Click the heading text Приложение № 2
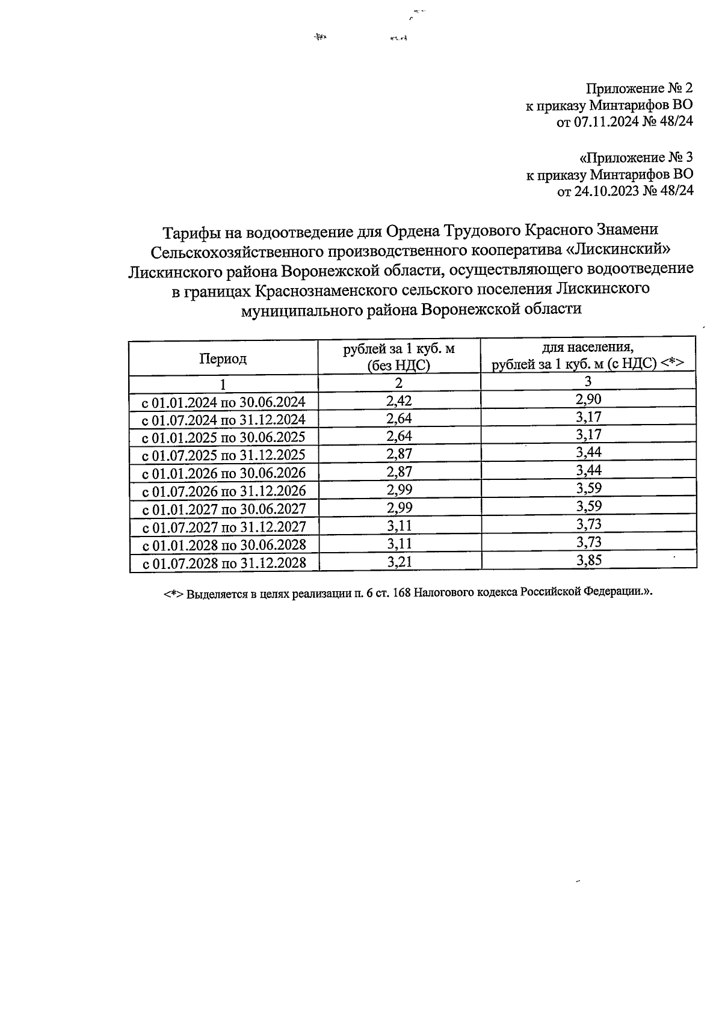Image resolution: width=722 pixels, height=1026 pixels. [640, 89]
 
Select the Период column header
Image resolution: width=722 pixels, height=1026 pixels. [223, 359]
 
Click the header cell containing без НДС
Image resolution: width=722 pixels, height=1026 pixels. [399, 365]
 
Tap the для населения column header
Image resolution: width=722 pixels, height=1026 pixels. [588, 348]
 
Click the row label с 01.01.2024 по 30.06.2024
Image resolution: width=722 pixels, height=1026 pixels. [224, 402]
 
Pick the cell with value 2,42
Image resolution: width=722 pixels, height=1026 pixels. [399, 401]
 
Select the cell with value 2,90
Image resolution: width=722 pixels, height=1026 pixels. [588, 399]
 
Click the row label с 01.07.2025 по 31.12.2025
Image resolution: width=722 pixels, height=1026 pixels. [224, 455]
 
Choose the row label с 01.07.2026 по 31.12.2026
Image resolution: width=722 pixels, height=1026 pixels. [224, 491]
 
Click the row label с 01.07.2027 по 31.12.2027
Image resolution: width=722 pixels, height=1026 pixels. [224, 527]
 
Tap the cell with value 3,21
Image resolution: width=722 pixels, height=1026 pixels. [400, 562]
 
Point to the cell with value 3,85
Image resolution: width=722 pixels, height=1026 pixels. [589, 561]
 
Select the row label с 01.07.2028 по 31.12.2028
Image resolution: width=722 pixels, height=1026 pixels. [224, 564]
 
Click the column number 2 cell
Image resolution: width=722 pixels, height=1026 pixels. [399, 383]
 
